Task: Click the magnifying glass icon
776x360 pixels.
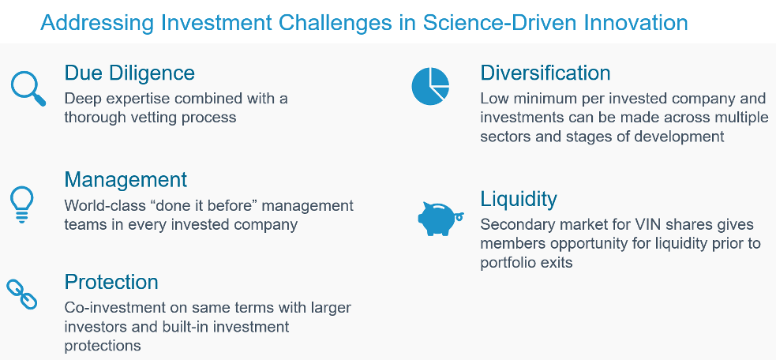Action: point(27,88)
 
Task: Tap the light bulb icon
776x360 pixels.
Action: point(22,204)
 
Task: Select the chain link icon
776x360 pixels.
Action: point(22,294)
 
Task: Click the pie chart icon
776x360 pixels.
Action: point(430,86)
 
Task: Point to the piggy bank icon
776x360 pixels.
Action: point(440,219)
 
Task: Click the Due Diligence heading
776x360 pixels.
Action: point(129,73)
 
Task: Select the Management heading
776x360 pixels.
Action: point(126,179)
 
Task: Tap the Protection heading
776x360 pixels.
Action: point(111,282)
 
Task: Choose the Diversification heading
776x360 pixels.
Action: point(545,73)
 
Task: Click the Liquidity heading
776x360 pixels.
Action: point(519,199)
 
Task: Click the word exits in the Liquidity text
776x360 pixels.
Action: point(558,262)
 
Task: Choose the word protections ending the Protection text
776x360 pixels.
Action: point(103,345)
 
